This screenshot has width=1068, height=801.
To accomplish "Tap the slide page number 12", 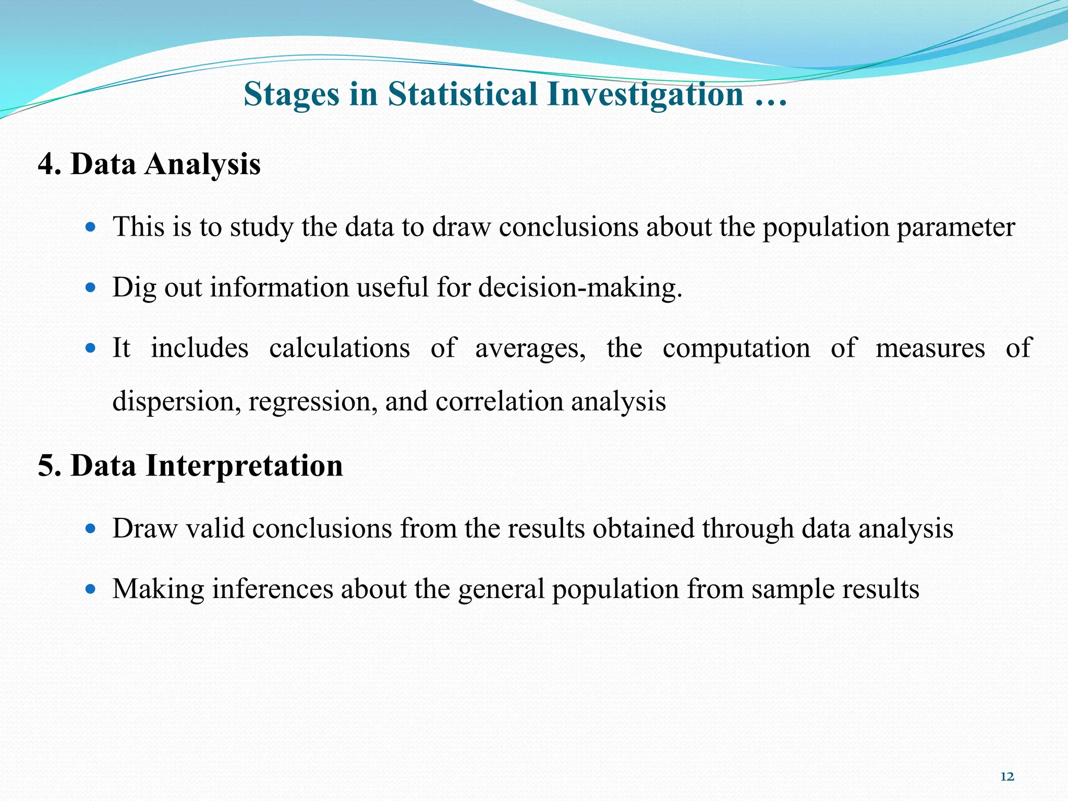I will (1007, 777).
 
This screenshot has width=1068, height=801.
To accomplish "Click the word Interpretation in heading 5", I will (244, 466).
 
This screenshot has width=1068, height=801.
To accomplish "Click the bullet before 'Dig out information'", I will (91, 287).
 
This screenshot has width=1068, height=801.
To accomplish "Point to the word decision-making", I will (580, 288).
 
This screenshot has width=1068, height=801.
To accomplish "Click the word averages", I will (530, 348).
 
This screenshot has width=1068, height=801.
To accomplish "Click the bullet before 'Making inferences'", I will (91, 589).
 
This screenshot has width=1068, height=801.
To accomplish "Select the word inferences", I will (272, 589).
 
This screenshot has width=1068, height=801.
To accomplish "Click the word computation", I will (736, 348).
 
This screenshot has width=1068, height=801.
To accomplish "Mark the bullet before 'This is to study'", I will (91, 227).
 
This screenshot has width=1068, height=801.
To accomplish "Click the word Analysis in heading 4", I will (202, 165).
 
